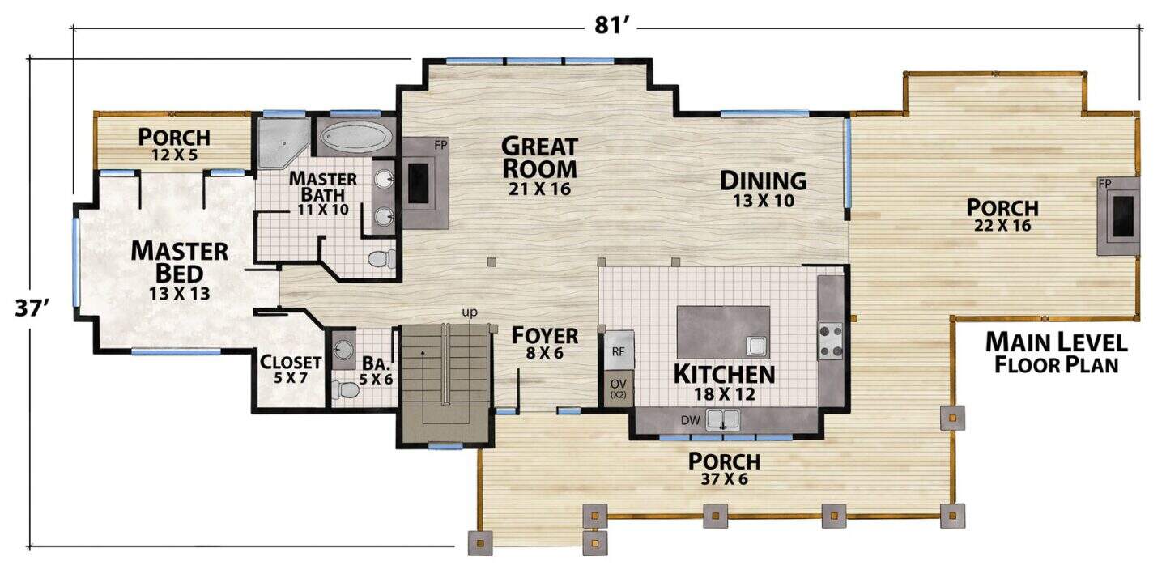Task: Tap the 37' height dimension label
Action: point(32,308)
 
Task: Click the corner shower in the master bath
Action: point(283,142)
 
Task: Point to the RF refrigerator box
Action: point(619,351)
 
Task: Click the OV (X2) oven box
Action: point(619,388)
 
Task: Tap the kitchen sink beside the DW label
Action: point(722,420)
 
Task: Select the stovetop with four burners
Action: point(830,342)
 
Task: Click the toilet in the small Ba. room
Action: point(345,389)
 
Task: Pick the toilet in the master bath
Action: point(381,258)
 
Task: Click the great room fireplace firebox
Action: point(418,183)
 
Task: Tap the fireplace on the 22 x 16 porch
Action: point(1118,216)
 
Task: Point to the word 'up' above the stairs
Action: point(470,312)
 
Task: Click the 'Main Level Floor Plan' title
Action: point(1057,353)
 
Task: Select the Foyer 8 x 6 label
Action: point(544,343)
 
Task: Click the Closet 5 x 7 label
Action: point(291,369)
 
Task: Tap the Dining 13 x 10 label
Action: point(764,189)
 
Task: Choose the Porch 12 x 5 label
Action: point(174,144)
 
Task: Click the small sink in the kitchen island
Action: point(756,346)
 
